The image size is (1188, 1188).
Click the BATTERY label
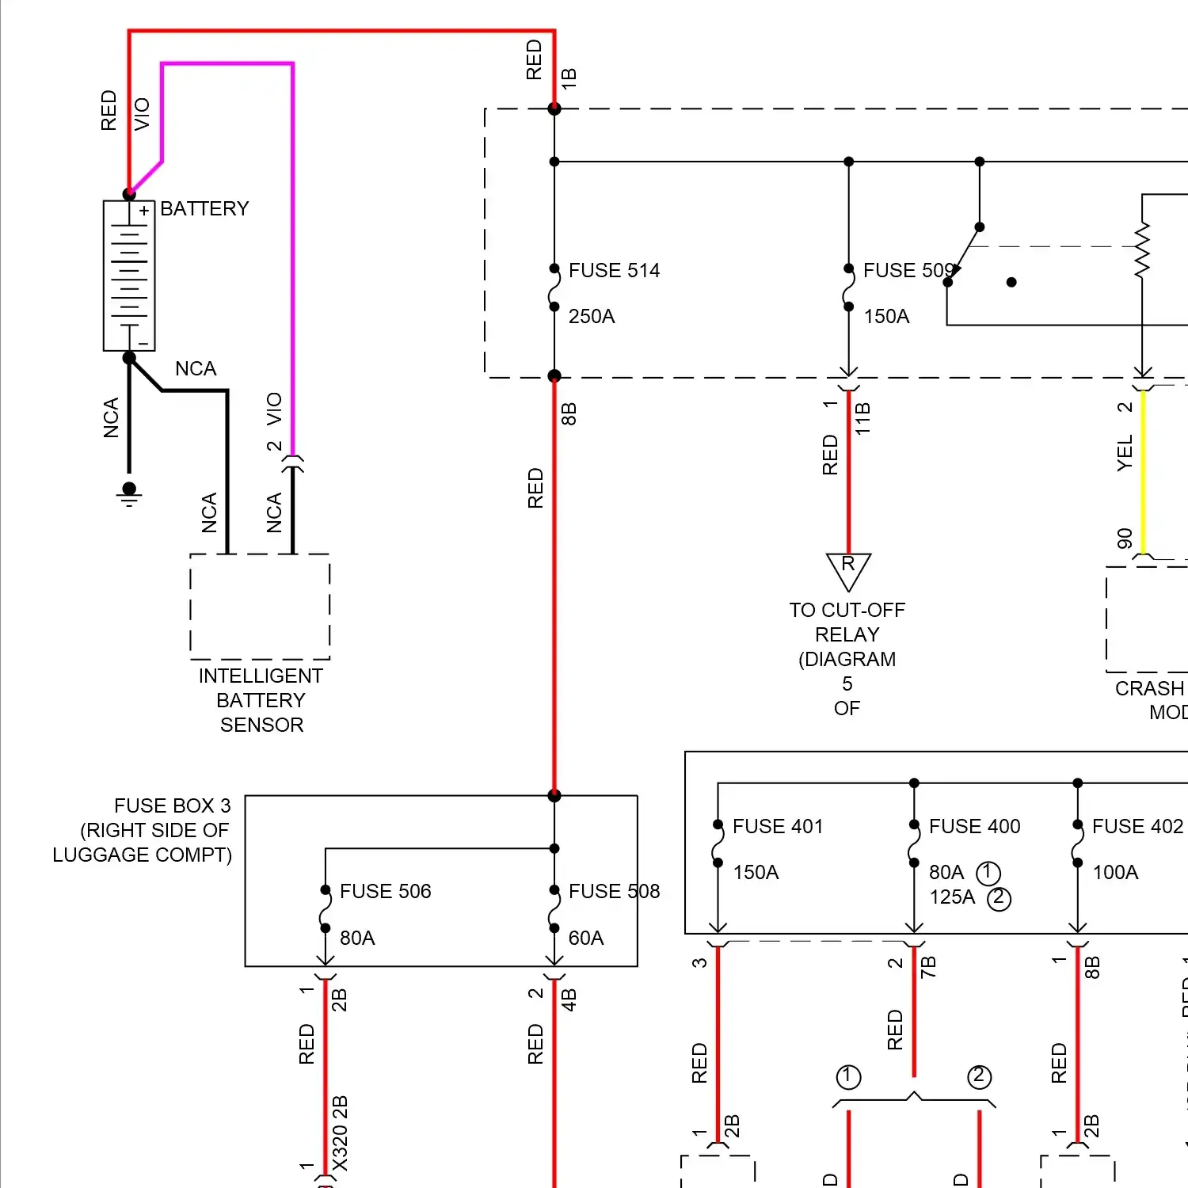204,208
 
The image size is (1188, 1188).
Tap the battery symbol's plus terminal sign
144,211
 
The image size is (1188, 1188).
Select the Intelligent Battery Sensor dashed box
260,607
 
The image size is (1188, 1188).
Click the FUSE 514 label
614,271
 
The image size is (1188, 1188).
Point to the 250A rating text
592,317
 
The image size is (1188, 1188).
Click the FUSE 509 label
908,271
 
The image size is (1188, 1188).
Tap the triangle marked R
848,569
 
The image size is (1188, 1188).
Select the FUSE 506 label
385,892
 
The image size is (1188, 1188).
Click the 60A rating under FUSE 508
586,939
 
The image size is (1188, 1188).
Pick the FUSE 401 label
778,827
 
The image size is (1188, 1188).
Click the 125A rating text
952,897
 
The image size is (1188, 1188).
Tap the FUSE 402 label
1137,827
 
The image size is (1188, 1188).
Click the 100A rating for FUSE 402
1115,873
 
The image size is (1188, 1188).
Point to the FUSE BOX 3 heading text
172,806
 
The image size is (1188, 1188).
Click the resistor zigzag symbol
1142,251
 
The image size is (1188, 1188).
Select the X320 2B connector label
340,1133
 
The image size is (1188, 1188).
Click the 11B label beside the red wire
863,418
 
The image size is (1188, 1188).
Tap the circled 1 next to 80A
988,873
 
